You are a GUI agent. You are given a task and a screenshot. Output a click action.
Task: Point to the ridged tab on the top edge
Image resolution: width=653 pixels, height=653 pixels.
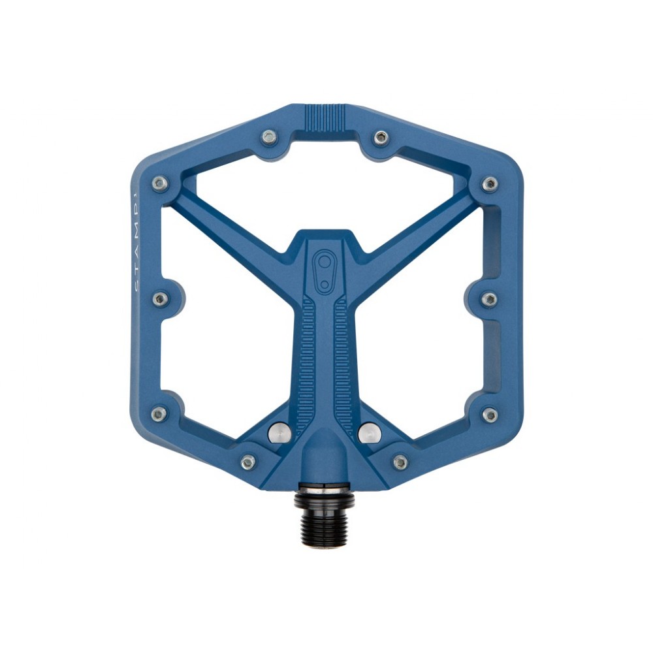(325, 118)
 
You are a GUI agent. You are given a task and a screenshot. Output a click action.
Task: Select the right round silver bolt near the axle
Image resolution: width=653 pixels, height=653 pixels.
(370, 431)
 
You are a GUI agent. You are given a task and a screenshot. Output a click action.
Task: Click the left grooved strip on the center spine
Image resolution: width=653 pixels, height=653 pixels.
(306, 366)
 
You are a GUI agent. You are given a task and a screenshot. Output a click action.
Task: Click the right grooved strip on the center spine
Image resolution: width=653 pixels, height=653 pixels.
(344, 366)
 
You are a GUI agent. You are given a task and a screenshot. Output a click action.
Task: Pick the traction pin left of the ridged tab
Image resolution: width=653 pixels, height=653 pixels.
(268, 137)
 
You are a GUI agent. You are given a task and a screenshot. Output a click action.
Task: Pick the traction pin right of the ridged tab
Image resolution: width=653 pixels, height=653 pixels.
(381, 137)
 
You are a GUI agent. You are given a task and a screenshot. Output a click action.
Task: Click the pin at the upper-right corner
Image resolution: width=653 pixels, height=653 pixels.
(490, 184)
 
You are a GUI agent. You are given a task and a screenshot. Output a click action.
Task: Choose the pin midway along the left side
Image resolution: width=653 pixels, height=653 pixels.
(161, 299)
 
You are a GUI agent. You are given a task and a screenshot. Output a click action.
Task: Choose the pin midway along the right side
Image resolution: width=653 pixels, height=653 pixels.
(489, 299)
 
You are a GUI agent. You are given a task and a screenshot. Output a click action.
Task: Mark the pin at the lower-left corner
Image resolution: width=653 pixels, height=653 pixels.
(159, 414)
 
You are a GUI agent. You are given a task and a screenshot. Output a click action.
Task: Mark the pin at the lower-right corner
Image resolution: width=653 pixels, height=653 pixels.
(490, 415)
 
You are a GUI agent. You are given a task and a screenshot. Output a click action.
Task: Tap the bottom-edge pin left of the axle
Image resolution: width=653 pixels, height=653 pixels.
(248, 462)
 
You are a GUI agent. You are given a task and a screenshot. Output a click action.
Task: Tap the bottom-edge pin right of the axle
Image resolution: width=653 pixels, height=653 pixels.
(401, 462)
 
